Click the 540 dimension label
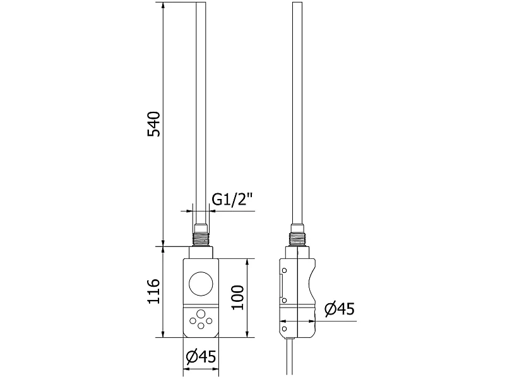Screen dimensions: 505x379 click(153, 124)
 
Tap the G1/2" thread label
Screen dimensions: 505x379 click(232, 200)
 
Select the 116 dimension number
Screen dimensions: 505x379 click(153, 291)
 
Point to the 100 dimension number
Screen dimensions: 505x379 click(238, 297)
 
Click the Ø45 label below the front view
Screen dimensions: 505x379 click(201, 357)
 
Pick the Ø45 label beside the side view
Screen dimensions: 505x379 click(340, 310)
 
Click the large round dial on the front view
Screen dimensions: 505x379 click(201, 284)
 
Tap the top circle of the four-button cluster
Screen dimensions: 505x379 click(201, 314)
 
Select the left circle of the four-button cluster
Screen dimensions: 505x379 click(193, 321)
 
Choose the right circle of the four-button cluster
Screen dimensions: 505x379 click(209, 321)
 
